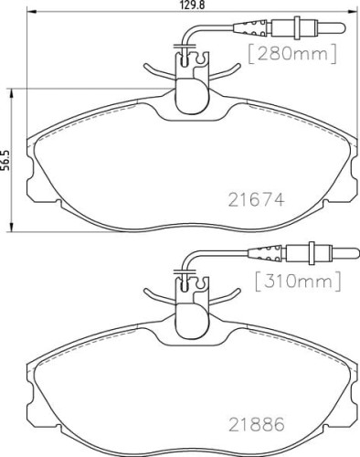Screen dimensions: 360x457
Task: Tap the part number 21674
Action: point(256,200)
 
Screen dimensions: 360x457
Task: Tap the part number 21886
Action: point(256,424)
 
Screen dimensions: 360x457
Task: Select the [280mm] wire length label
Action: point(292,54)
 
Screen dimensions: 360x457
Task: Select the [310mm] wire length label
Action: point(298,282)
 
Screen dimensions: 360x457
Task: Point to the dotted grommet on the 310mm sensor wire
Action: point(267,253)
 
